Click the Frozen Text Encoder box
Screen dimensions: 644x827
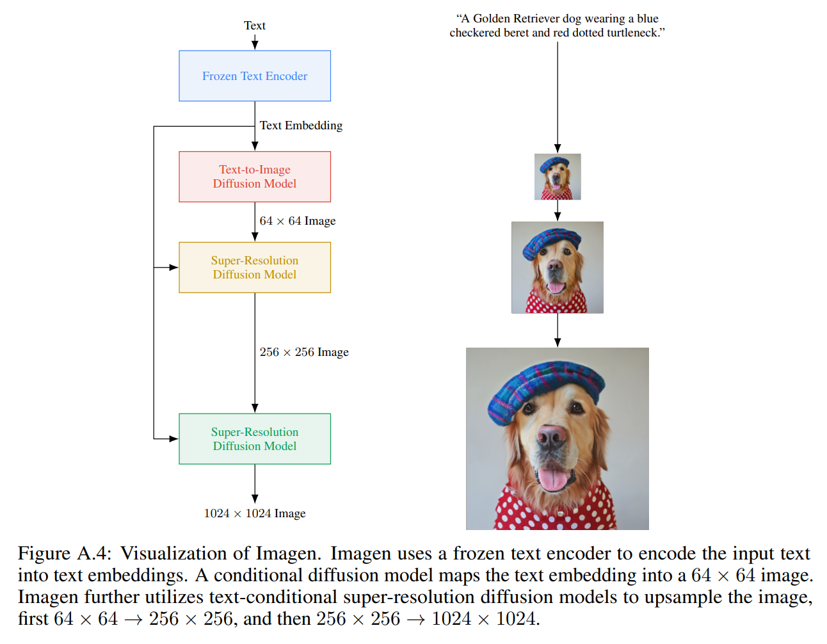pos(255,76)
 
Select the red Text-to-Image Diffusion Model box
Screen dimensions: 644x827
pos(255,177)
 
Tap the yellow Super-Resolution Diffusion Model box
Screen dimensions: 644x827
pos(255,268)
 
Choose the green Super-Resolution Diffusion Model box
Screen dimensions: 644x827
pos(255,439)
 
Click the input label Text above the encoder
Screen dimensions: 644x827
pos(255,26)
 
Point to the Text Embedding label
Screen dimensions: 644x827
pos(301,125)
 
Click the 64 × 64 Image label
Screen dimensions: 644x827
pos(298,221)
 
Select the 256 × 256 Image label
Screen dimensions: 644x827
pos(304,352)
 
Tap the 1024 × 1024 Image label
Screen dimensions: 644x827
pos(255,513)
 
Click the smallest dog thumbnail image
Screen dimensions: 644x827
pos(558,177)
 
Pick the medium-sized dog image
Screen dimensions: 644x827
pos(558,268)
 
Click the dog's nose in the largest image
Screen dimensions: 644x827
pos(551,437)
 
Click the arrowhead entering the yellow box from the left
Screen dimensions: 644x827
pos(173,268)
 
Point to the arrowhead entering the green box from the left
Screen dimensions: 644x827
pos(173,439)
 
